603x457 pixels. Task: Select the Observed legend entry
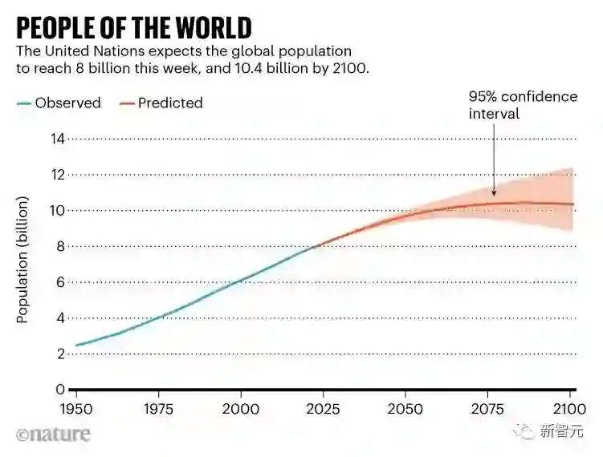point(67,103)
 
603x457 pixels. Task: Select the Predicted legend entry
point(169,103)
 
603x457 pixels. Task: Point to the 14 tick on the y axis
point(56,139)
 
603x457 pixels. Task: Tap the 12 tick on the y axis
point(56,175)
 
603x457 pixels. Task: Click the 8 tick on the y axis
point(59,246)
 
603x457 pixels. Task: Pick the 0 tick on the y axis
point(59,390)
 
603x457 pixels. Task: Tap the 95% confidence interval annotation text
point(523,105)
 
